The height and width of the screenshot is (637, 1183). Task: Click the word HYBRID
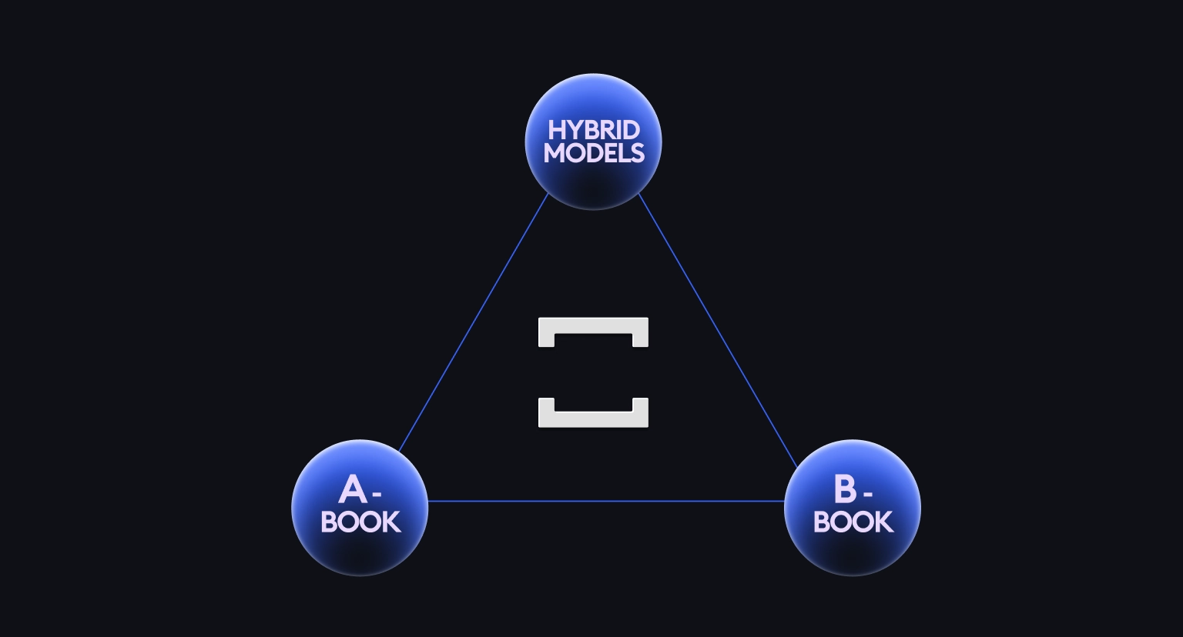click(x=593, y=130)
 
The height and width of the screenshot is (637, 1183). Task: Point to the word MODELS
click(x=593, y=153)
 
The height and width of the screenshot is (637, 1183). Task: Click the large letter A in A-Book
click(x=353, y=490)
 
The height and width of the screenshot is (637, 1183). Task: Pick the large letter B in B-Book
click(x=844, y=489)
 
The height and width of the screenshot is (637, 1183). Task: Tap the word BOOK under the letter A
click(x=360, y=522)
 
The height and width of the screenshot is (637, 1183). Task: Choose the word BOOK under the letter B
click(x=853, y=522)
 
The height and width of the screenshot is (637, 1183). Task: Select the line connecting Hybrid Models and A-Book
click(x=474, y=322)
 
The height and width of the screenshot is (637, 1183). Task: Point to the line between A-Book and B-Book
click(x=605, y=502)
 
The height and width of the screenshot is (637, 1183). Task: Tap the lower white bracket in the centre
click(x=593, y=419)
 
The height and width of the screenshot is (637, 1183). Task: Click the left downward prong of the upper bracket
click(x=546, y=339)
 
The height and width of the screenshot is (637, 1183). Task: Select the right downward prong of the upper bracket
click(x=640, y=339)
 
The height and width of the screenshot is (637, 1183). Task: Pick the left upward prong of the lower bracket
click(x=546, y=405)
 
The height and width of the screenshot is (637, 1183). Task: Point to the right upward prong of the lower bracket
click(x=640, y=405)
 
